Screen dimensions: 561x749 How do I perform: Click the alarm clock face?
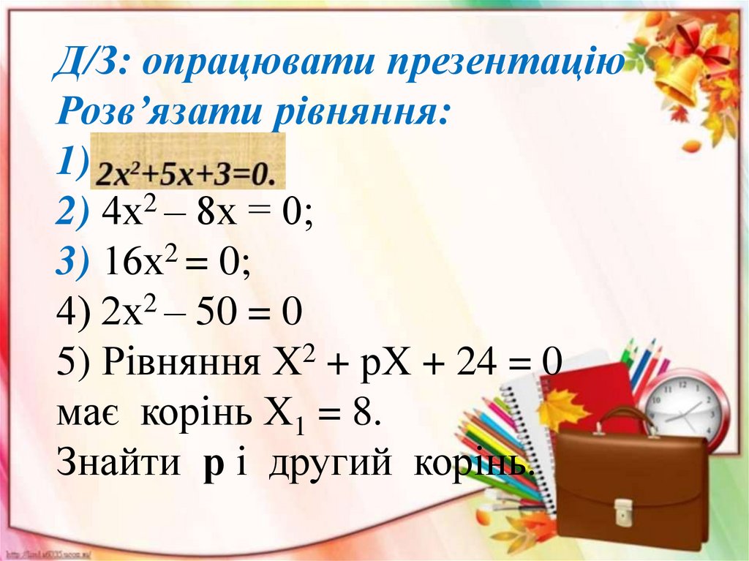pos(686,407)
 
